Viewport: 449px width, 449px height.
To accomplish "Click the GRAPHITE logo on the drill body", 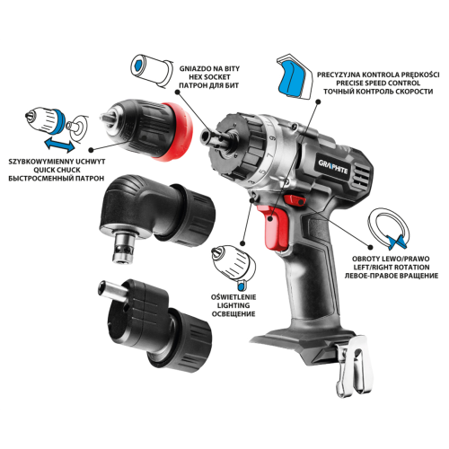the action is click(333, 167).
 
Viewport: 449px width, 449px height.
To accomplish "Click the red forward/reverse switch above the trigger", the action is click(295, 199).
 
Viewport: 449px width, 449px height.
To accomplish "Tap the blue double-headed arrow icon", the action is click(59, 145).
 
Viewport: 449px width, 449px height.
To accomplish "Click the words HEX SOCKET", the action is click(209, 77).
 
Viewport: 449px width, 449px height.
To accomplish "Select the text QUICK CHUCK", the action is click(57, 170).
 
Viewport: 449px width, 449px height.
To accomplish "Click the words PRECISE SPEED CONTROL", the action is click(378, 83).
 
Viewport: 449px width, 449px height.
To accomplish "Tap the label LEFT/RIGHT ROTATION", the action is click(392, 267).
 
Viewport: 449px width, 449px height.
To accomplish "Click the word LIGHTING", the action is click(233, 305).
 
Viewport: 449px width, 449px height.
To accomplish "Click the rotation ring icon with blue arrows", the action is click(389, 228).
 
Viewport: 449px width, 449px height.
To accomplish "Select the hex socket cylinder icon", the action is click(152, 71).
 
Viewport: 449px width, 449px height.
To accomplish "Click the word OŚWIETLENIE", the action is click(233, 297).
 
